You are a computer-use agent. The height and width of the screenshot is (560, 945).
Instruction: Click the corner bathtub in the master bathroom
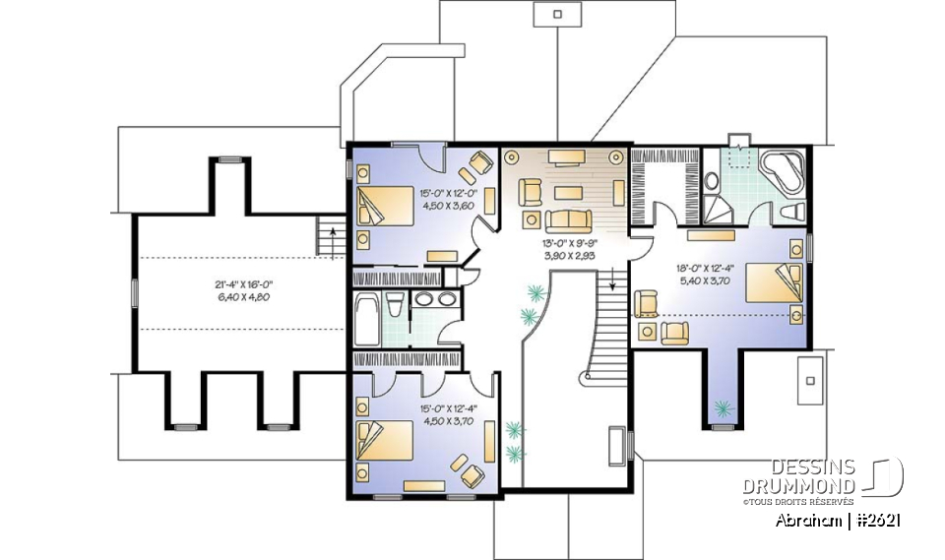[x=786, y=170]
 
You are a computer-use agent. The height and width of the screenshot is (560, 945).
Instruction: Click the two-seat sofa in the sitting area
[x=564, y=219]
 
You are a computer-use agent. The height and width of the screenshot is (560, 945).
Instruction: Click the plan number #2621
[x=878, y=520]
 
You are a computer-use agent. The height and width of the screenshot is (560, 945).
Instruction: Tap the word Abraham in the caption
[x=807, y=520]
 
